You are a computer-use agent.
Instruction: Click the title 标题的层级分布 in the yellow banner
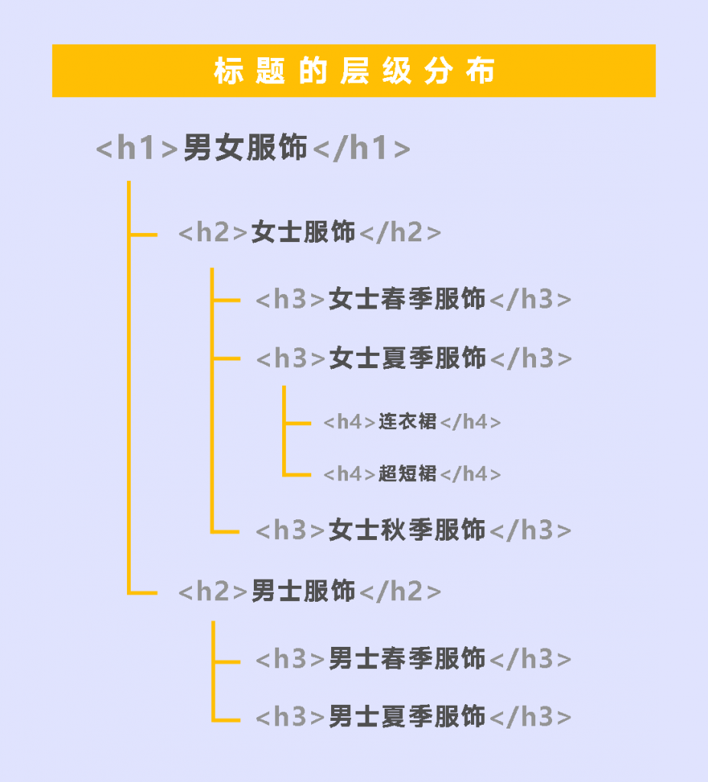coord(354,71)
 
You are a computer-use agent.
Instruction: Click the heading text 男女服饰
coord(245,147)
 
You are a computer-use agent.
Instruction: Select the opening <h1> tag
coord(137,148)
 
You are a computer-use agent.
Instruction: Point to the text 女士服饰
coord(303,232)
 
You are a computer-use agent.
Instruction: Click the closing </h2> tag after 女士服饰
coord(400,232)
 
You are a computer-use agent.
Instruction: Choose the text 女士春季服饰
coord(407,299)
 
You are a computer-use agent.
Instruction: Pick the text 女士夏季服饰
coord(408,358)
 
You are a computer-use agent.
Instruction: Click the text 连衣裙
coord(408,422)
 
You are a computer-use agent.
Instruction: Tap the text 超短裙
coord(408,473)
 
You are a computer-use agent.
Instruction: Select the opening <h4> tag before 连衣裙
coord(349,422)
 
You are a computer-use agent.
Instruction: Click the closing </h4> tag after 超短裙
coord(470,474)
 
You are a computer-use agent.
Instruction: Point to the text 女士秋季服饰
coord(407,530)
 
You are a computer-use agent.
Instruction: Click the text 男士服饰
coord(303,592)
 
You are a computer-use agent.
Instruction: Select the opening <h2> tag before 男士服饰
coord(213,592)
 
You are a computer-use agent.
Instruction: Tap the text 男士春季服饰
coord(407,658)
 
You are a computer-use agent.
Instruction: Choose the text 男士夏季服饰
coord(407,716)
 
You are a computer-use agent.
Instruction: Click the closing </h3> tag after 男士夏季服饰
coord(531,717)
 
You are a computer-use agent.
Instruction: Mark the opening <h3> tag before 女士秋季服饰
coord(291,530)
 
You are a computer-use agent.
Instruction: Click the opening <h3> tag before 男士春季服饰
coord(291,659)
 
